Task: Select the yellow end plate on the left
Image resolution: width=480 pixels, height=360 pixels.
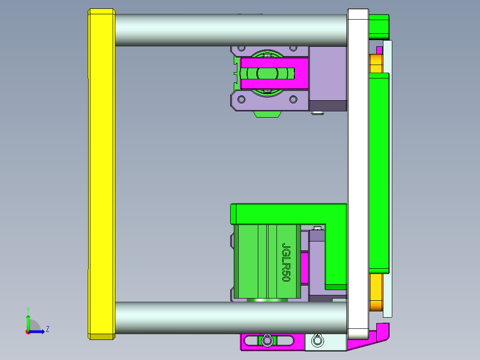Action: pos(102,174)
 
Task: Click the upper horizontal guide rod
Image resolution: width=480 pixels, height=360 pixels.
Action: pos(231,30)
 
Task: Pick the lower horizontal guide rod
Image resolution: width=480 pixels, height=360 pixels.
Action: pos(231,318)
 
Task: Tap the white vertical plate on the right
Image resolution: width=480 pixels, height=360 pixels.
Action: pos(358,174)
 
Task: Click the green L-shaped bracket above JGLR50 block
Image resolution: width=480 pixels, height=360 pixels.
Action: pos(289,213)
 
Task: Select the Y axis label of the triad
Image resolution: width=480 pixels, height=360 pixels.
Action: pos(28,309)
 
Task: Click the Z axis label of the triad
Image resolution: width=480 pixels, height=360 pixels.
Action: pos(47,329)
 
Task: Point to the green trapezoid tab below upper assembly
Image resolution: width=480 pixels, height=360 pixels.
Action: pos(267,114)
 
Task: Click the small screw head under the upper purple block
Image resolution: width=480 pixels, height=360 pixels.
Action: pos(317,113)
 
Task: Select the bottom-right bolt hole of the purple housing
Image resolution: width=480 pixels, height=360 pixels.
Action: pos(293,99)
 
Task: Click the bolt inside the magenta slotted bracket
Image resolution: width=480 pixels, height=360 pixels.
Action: pos(267,341)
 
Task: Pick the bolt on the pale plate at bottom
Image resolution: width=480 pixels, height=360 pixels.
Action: pos(317,341)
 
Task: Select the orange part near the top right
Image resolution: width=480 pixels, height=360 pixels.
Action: pos(376,63)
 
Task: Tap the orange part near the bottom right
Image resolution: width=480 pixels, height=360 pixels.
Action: pos(376,293)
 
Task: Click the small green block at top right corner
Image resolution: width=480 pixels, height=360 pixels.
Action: pos(379,26)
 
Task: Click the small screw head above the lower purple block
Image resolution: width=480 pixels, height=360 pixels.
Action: pos(317,228)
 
